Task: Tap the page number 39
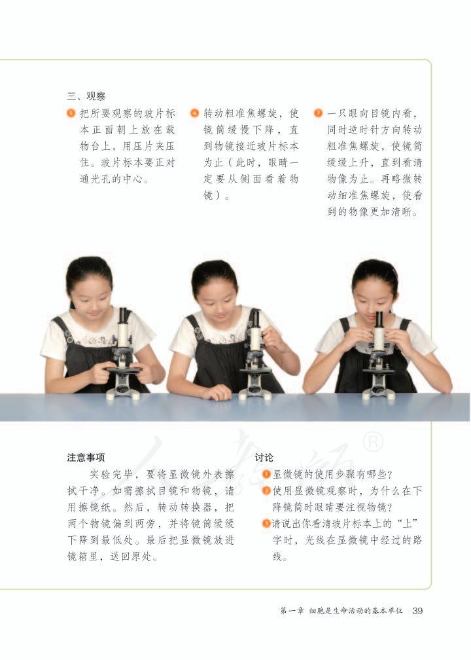(417, 611)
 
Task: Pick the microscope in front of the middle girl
(254, 357)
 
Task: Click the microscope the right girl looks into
(378, 357)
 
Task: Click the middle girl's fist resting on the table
(217, 392)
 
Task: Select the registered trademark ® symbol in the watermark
(372, 443)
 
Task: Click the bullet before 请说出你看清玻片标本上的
(266, 523)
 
